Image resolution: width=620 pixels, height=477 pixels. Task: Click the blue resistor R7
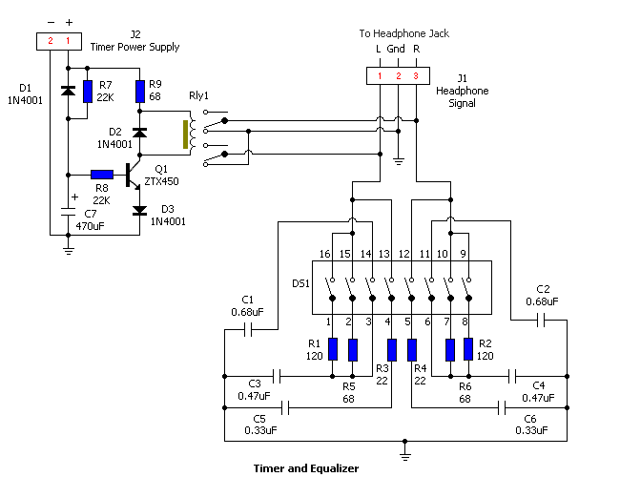88,92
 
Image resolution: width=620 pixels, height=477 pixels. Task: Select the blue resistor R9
140,92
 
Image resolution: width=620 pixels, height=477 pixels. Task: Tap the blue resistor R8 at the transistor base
102,175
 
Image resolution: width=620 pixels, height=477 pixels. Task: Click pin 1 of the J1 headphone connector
380,74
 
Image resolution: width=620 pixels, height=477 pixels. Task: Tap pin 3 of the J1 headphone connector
416,74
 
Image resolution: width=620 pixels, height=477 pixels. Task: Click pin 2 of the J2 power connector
49,40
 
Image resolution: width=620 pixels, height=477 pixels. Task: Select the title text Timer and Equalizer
305,468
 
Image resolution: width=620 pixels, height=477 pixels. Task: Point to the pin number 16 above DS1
323,254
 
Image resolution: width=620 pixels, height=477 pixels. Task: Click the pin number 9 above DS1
464,254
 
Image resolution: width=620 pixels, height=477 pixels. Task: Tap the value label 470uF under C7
93,227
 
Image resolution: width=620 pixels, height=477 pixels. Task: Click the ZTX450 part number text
162,181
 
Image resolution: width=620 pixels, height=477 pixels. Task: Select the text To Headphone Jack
403,33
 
